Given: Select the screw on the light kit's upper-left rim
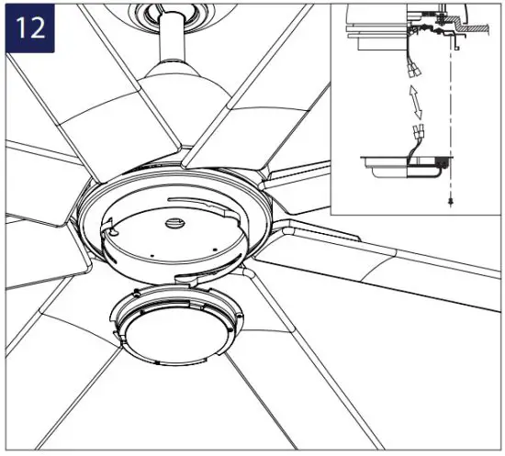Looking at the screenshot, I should point(136,292).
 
